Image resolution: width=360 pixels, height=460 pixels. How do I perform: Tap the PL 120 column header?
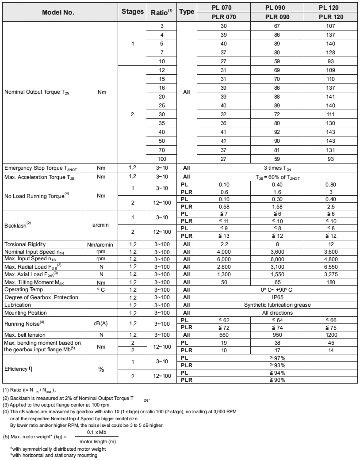(x=331, y=8)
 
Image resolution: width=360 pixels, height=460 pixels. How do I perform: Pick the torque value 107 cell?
(x=331, y=26)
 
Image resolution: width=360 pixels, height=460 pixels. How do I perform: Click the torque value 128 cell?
(x=331, y=52)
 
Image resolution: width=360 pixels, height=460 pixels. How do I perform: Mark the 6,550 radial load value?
(x=331, y=267)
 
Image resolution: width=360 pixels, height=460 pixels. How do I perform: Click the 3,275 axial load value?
(x=331, y=274)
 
